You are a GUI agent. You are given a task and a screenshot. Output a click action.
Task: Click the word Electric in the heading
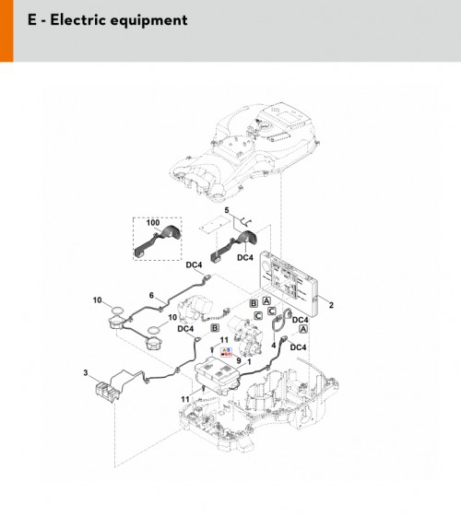click(78, 19)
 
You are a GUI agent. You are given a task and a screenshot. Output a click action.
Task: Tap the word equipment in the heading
click(148, 21)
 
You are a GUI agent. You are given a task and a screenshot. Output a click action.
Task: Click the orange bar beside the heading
click(6, 30)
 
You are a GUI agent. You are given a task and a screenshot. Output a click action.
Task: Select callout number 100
click(153, 223)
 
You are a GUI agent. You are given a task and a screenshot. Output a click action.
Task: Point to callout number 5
click(227, 210)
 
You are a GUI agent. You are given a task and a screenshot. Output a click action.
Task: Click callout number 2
click(331, 305)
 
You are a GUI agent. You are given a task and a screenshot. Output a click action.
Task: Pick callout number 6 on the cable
click(151, 295)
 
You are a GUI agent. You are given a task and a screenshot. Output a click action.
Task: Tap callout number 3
click(86, 373)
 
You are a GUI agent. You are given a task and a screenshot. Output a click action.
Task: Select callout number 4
click(273, 346)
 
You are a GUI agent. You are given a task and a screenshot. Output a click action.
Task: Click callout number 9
click(239, 361)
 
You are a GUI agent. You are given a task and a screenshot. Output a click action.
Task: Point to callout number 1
click(249, 362)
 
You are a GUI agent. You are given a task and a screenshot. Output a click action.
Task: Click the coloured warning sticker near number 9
click(227, 352)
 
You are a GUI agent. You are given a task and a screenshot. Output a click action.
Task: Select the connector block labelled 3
click(107, 392)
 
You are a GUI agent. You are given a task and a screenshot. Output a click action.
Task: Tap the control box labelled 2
click(289, 281)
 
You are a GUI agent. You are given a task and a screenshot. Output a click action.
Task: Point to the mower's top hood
click(244, 152)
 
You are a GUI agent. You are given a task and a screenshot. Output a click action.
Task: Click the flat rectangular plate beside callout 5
click(215, 225)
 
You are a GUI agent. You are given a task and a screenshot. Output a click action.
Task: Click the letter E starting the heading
click(32, 19)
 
